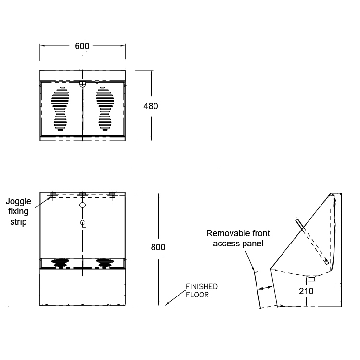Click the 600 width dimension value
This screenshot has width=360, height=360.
[x=82, y=46]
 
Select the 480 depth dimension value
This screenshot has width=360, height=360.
[x=151, y=106]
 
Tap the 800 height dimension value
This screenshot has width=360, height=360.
[x=158, y=247]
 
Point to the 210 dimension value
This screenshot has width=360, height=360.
[x=306, y=291]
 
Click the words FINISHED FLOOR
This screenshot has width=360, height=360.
[x=202, y=291]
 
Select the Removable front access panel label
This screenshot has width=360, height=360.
[x=238, y=238]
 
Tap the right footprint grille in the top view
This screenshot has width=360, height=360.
[x=104, y=109]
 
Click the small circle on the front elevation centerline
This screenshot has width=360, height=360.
[x=82, y=205]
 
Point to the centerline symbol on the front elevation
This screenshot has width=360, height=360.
[x=82, y=223]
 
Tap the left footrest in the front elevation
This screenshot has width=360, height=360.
[x=60, y=262]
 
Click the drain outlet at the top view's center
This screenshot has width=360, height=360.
[x=82, y=84]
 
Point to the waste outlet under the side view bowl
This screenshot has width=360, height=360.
[x=311, y=278]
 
